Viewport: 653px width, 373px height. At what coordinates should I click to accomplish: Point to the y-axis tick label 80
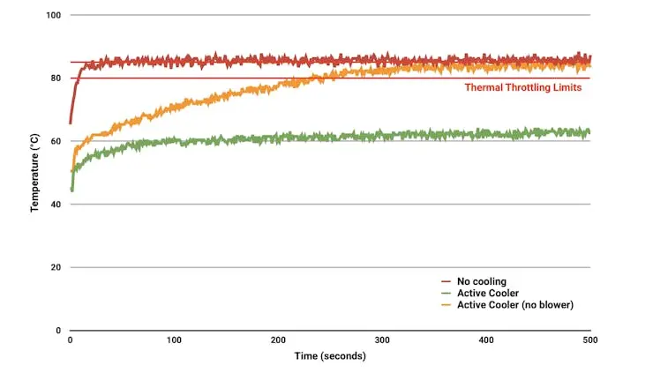[x=56, y=78]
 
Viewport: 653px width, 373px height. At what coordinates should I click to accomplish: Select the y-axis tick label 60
[x=56, y=141]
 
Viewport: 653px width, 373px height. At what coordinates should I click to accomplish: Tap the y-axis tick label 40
[x=56, y=205]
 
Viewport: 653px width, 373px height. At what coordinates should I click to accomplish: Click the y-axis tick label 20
[x=56, y=267]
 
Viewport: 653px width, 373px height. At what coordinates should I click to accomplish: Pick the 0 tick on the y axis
[x=58, y=331]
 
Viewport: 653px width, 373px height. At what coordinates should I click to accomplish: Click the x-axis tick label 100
[x=174, y=339]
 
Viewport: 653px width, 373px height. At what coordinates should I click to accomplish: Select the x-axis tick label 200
[x=278, y=339]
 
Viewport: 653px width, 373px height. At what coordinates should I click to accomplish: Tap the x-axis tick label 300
[x=382, y=339]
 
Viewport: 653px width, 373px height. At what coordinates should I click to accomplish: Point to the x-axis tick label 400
[x=486, y=339]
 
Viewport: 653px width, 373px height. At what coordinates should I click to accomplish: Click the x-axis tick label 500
[x=590, y=339]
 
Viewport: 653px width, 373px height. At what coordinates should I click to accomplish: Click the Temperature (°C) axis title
[x=35, y=173]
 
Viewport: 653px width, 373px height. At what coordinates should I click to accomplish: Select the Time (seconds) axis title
[x=330, y=356]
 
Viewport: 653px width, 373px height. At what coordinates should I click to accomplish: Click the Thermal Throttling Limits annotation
[x=523, y=87]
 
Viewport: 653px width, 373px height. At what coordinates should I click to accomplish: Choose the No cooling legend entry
[x=480, y=282]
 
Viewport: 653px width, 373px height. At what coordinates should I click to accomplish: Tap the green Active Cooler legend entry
[x=486, y=294]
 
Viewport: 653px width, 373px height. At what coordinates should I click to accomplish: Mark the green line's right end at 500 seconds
[x=589, y=132]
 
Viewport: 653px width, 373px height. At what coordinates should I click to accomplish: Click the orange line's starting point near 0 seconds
[x=71, y=171]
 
